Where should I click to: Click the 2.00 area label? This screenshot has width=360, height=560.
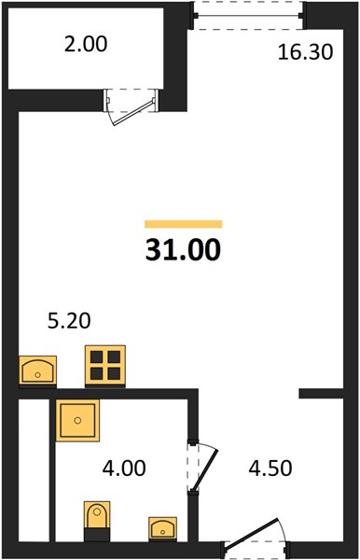click(x=86, y=45)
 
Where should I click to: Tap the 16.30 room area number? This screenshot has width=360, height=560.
click(x=305, y=52)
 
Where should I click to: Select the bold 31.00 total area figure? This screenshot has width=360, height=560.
click(x=184, y=249)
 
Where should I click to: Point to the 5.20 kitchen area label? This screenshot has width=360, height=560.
click(x=69, y=320)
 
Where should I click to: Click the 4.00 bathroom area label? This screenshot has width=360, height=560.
click(x=124, y=468)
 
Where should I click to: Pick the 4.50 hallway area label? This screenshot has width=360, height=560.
click(x=270, y=468)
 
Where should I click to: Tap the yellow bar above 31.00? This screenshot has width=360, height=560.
click(x=184, y=224)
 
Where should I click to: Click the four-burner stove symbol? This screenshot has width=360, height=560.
click(x=105, y=366)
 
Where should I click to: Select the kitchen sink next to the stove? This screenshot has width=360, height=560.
click(x=37, y=371)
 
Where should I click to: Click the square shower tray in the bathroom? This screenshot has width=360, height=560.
click(x=77, y=420)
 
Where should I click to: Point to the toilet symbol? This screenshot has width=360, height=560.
click(x=97, y=521)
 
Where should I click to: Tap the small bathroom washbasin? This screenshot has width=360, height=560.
click(x=162, y=528)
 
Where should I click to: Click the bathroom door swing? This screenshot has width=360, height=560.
click(x=203, y=468)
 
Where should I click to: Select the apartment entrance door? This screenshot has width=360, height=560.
click(x=256, y=539)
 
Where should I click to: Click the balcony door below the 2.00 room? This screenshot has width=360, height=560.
click(x=131, y=106)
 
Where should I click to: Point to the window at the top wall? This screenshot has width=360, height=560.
click(x=248, y=16)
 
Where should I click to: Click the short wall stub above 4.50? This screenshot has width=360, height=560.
click(x=321, y=393)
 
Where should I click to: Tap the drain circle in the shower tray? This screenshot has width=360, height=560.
click(x=77, y=420)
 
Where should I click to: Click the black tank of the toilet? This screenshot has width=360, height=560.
click(x=97, y=535)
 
